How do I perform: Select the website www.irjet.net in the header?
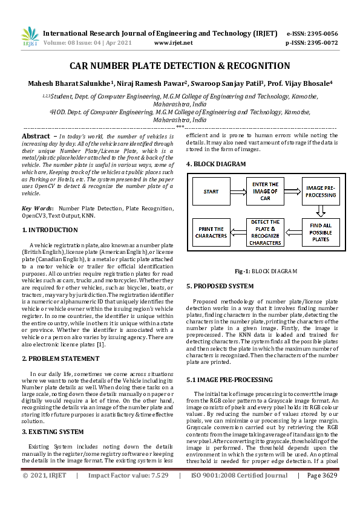[174, 43]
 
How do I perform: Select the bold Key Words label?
[38, 209]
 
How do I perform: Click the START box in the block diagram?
[211, 191]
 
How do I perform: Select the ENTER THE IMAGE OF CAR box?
[266, 191]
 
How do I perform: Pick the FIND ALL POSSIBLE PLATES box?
[321, 232]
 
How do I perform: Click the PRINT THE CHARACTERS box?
[211, 232]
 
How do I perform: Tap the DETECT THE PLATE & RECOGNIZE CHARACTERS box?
[266, 232]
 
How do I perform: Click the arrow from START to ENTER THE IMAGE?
[238, 191]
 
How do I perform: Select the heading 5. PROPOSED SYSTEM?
[220, 286]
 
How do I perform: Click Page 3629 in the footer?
[321, 493]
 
